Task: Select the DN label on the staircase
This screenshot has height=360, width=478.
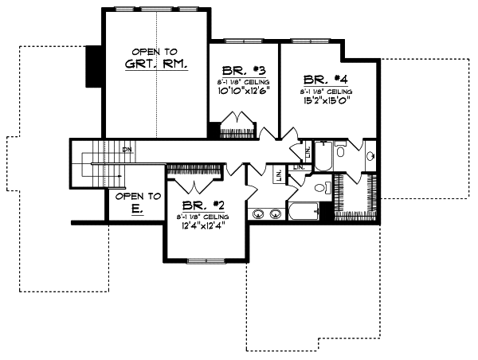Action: [126, 149]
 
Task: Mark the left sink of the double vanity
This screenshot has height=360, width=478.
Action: [259, 213]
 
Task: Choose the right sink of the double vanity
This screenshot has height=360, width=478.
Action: [276, 213]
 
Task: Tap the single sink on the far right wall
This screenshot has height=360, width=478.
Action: [371, 157]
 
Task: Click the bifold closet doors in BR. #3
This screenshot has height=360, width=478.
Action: [237, 127]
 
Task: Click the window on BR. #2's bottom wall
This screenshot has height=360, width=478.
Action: [204, 260]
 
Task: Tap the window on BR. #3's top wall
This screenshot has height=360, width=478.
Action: [243, 40]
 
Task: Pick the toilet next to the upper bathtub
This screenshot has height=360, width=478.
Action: [340, 151]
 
